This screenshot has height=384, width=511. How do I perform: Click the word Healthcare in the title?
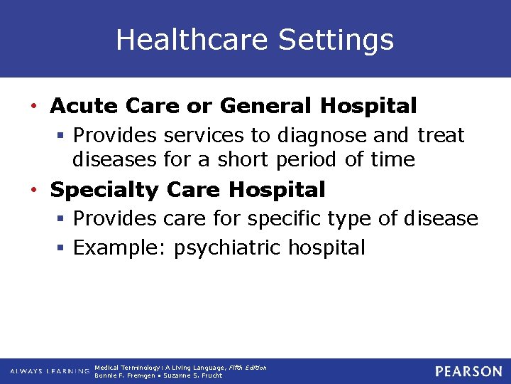tap(192, 40)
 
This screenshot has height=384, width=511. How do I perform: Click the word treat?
tap(441, 135)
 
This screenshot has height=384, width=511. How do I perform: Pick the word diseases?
tap(114, 159)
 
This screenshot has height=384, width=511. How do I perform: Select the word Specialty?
tap(106, 191)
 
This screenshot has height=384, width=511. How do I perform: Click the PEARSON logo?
tap(468, 371)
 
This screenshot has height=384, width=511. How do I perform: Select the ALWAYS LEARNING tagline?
tap(50, 371)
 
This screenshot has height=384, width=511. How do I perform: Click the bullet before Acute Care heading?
tap(34, 107)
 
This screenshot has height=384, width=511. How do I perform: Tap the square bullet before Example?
tap(62, 249)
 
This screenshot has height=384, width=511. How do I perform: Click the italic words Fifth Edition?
tap(248, 368)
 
